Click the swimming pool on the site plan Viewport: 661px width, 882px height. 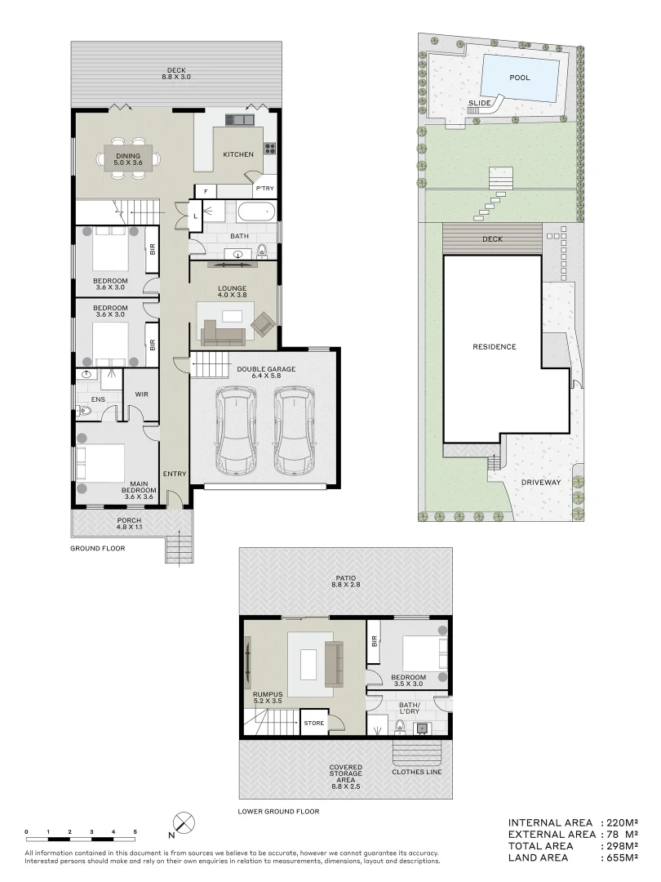(x=520, y=78)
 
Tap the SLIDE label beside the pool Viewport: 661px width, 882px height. (x=479, y=104)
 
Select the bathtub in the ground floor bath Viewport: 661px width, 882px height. (x=256, y=212)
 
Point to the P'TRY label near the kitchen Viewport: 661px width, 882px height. (x=264, y=189)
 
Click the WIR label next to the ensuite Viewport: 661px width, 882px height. (x=140, y=394)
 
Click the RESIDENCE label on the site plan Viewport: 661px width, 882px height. (x=495, y=346)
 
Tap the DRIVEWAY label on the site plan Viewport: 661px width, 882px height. (x=541, y=482)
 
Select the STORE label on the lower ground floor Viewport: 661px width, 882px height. (x=314, y=723)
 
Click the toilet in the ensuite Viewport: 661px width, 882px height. (x=84, y=411)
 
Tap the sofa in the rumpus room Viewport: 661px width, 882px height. (x=334, y=664)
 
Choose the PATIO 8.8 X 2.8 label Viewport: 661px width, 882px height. (x=344, y=582)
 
